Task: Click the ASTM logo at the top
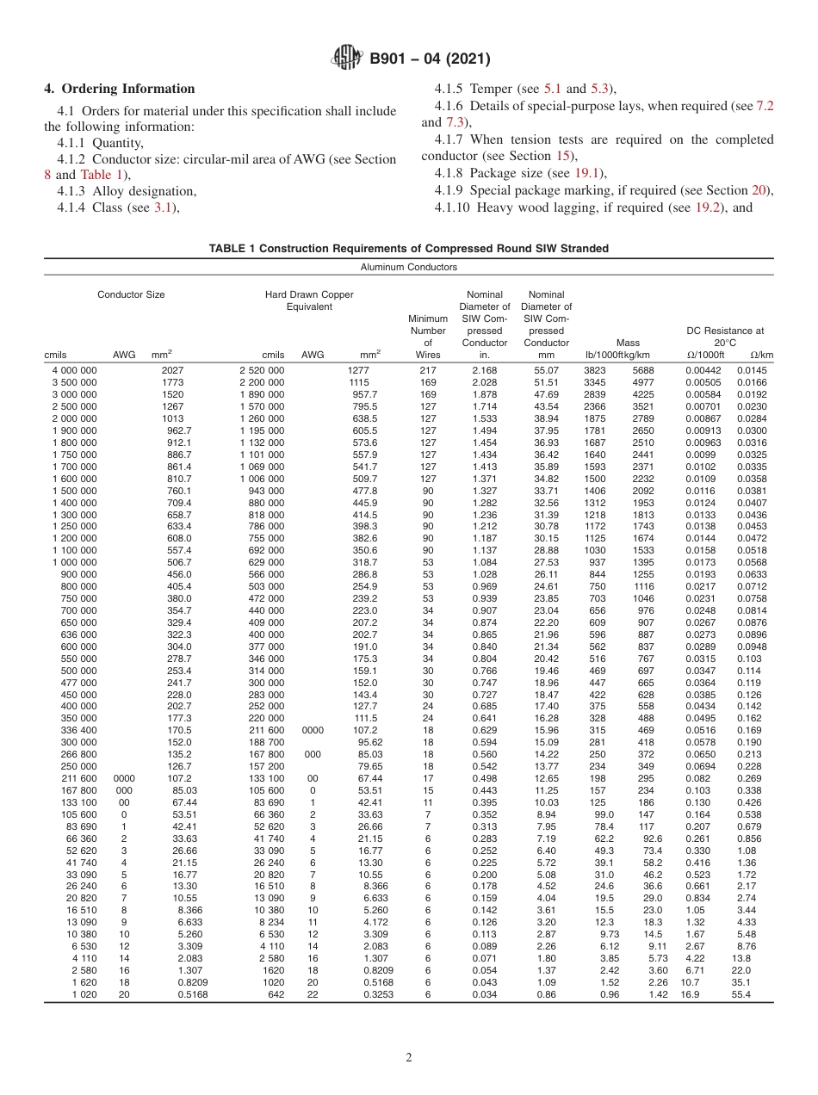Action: click(347, 59)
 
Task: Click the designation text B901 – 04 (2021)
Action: click(430, 59)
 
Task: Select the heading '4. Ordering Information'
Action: click(120, 89)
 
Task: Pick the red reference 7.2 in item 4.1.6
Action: click(765, 105)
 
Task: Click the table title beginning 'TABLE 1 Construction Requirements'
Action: click(408, 248)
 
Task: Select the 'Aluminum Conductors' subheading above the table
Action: click(408, 267)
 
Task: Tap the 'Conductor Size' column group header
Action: click(131, 294)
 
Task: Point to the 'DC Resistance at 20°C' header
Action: click(724, 336)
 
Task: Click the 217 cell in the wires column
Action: click(428, 369)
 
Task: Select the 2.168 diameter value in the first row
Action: click(484, 369)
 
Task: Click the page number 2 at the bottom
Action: click(409, 1058)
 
